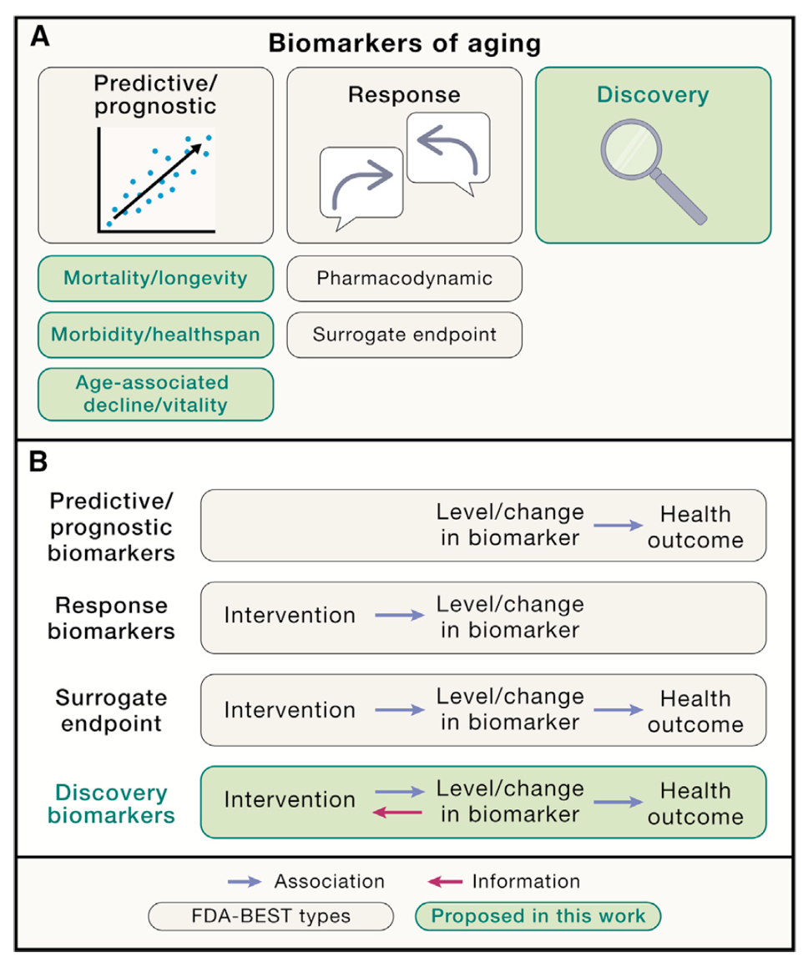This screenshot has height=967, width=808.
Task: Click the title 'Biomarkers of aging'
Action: point(404,43)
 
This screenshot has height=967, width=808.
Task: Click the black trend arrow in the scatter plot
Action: point(159,179)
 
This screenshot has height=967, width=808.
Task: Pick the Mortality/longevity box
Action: point(156,277)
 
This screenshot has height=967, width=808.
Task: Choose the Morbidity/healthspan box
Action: point(156,334)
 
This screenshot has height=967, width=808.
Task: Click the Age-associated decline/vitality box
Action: point(156,394)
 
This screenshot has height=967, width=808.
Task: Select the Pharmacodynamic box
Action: point(404,277)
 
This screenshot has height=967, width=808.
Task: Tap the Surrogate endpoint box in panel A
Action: point(404,335)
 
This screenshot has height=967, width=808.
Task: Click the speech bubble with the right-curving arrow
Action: point(361,186)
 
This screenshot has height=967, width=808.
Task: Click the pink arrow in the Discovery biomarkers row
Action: point(397,812)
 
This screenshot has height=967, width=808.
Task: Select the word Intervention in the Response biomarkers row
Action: point(290,616)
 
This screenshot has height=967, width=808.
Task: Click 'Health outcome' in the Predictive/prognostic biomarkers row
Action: point(695,526)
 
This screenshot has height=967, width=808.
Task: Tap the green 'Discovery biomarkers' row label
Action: point(112,803)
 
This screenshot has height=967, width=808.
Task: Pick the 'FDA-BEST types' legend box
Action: point(270,916)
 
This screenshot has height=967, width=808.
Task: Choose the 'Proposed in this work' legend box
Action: point(538,916)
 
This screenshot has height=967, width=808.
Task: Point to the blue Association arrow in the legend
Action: point(246,882)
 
